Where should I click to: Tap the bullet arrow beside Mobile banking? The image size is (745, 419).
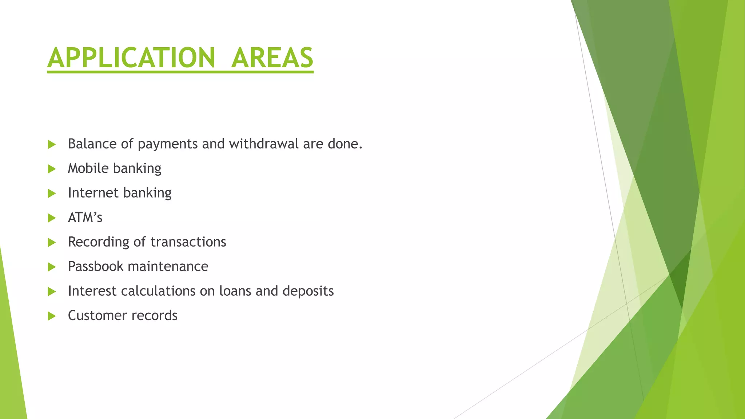52,169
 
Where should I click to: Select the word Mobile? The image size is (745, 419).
88,168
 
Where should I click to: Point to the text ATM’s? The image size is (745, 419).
85,218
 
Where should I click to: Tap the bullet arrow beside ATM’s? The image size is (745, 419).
52,218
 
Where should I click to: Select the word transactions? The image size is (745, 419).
188,242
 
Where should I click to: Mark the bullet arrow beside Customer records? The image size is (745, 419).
52,316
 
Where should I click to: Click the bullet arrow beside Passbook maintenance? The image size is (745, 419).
52,267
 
